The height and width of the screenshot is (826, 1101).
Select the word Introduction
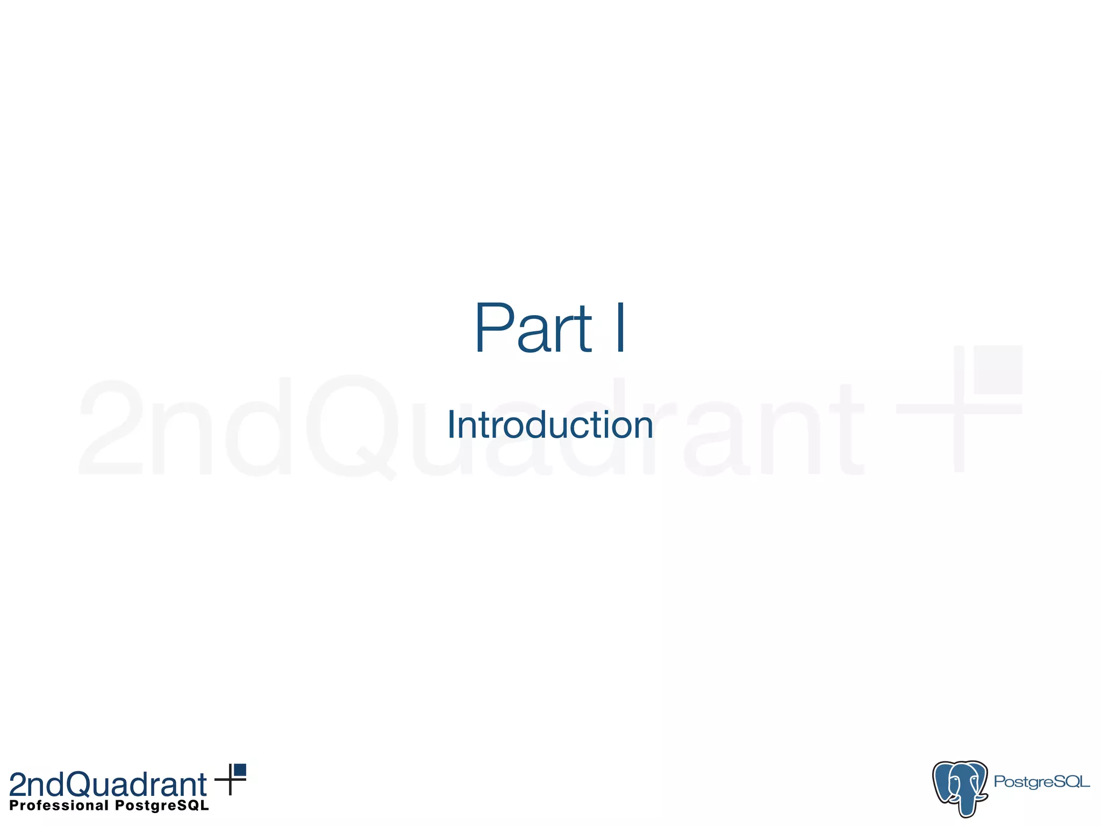(x=550, y=425)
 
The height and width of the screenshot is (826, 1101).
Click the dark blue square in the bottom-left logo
(x=240, y=770)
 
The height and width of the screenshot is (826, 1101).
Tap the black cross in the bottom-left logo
(x=230, y=780)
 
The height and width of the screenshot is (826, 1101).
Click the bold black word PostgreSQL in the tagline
(x=162, y=805)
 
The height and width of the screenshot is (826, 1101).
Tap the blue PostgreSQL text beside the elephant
(x=1041, y=781)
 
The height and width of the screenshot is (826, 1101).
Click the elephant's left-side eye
(x=955, y=779)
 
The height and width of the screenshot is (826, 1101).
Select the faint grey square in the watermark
(x=998, y=369)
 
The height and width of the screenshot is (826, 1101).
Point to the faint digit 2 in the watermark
(x=112, y=428)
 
